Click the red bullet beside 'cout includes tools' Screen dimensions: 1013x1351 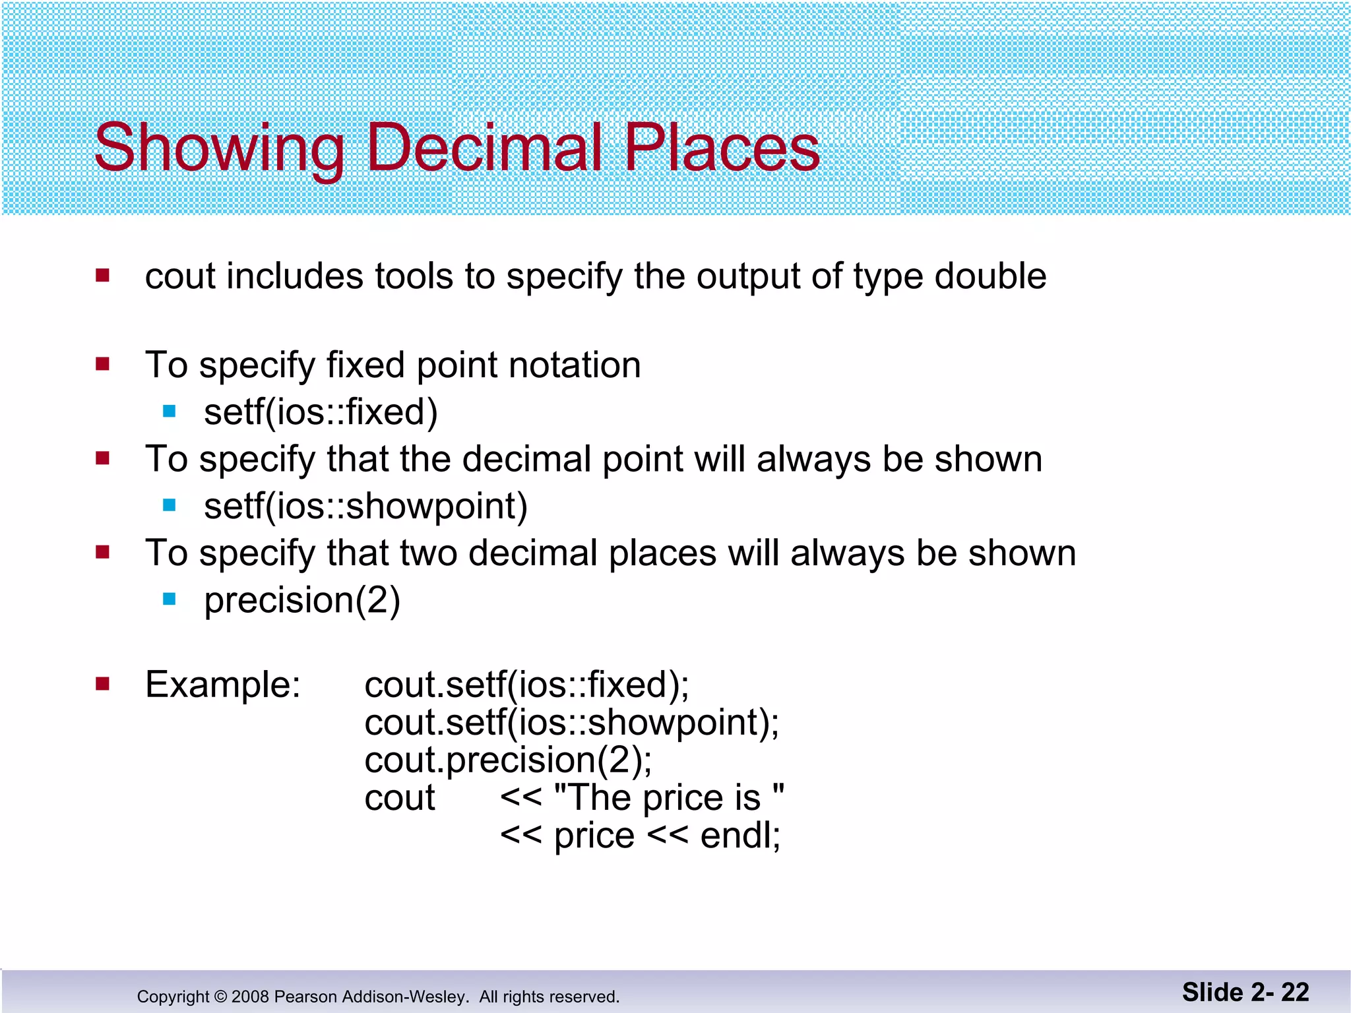click(102, 275)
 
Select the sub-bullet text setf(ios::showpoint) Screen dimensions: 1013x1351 click(365, 506)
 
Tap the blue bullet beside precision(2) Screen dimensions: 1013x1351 click(170, 599)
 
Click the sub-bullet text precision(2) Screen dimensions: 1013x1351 click(302, 601)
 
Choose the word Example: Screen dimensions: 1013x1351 click(223, 685)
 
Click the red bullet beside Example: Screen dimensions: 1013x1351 click(102, 684)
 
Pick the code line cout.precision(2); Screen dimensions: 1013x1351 click(508, 760)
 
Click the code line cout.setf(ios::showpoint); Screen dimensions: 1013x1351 click(571, 722)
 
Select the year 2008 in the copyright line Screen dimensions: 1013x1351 click(250, 997)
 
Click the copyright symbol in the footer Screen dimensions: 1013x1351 click(220, 997)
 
